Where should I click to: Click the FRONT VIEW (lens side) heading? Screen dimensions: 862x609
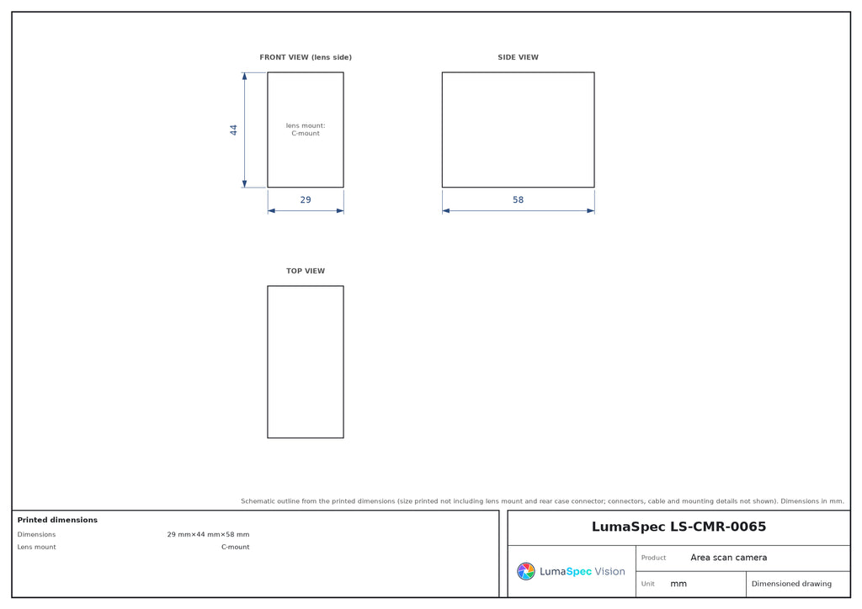click(305, 57)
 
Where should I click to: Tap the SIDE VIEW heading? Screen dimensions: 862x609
click(518, 57)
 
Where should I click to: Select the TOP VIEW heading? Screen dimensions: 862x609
click(305, 271)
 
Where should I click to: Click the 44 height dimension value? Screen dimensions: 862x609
click(234, 130)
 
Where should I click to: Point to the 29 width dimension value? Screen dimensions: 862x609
click(305, 200)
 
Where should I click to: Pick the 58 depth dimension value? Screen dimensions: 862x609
click(518, 200)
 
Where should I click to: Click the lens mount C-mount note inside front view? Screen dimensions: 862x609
click(305, 130)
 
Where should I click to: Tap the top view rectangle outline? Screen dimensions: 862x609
click(268, 362)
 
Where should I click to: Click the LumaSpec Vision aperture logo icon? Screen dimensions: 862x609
click(525, 571)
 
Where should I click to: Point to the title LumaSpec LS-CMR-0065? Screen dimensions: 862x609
click(678, 527)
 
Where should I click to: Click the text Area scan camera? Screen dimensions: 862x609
click(728, 558)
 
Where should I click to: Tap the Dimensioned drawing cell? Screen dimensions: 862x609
click(791, 584)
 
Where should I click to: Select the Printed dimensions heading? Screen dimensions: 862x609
click(57, 520)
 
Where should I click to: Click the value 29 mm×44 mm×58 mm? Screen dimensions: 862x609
click(209, 534)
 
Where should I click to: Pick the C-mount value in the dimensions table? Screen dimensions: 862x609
click(236, 547)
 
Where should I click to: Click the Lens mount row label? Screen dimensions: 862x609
click(36, 547)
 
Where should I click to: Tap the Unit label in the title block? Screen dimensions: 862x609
click(647, 584)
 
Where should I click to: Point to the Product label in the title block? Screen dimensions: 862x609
click(653, 558)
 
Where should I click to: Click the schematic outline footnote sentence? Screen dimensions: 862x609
click(542, 501)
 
